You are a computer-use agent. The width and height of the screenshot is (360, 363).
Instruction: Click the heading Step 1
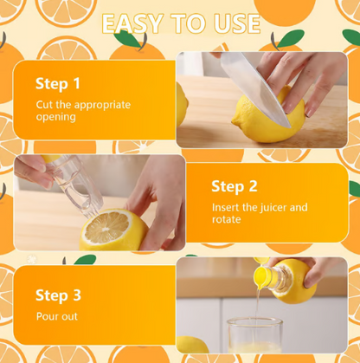[58, 84]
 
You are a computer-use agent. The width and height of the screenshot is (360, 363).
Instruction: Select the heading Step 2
[234, 186]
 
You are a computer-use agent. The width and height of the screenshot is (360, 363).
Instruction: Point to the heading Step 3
[58, 295]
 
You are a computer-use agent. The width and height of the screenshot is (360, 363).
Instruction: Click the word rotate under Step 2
[228, 220]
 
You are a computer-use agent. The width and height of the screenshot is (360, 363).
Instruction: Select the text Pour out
[56, 316]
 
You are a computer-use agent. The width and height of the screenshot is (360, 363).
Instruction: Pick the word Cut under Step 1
[44, 105]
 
